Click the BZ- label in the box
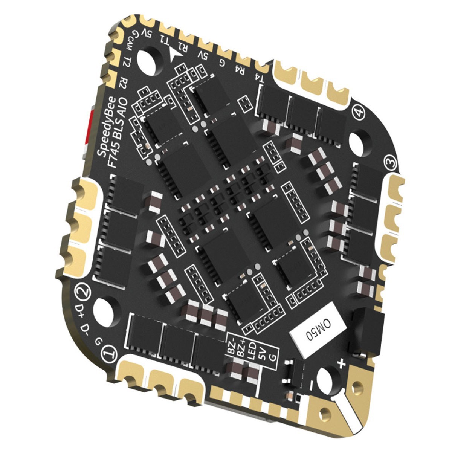tap(232, 347)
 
